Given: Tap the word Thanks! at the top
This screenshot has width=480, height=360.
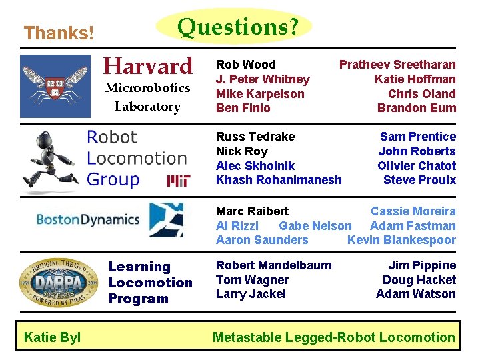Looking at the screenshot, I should tap(59, 32).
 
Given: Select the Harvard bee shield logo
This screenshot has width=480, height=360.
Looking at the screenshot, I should tap(55, 86).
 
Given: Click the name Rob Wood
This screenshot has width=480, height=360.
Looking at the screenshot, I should tap(245, 65).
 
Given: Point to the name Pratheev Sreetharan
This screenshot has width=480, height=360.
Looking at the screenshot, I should tap(397, 65).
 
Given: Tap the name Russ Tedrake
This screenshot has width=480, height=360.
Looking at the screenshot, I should tap(255, 137).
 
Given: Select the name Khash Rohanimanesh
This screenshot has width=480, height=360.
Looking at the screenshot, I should tap(279, 180).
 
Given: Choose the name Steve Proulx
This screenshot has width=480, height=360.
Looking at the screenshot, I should tap(419, 180).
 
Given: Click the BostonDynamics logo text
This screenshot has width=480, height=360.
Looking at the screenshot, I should tap(87, 219).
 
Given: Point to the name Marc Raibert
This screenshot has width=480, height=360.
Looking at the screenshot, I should tap(252, 211).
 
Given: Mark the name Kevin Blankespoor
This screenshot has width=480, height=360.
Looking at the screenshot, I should tap(401, 240).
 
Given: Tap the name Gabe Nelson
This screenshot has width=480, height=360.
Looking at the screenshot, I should tap(315, 226).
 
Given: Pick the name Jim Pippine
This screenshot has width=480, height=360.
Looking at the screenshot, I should tap(422, 265).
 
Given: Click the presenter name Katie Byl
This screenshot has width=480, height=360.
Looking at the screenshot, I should tap(52, 337).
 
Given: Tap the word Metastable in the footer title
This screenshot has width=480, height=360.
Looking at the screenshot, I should tap(247, 337).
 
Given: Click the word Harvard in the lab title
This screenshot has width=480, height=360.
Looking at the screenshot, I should tap(147, 66).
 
